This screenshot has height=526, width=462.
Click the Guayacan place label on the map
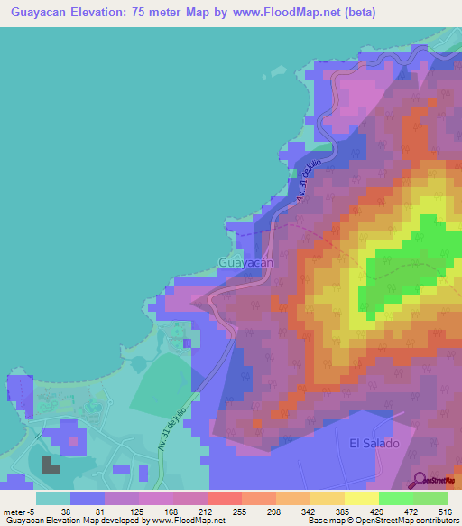click(x=245, y=262)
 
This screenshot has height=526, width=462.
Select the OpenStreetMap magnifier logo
click(x=420, y=481)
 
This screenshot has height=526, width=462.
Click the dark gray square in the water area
click(x=50, y=466)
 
